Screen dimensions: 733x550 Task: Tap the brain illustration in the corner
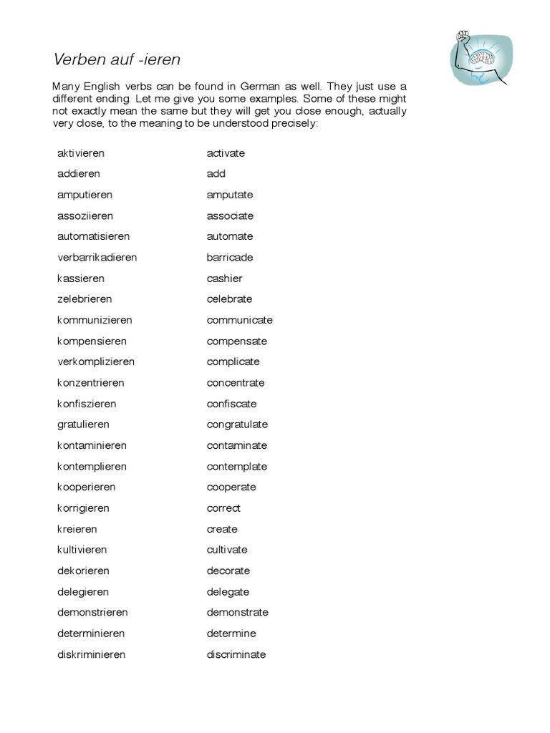(x=481, y=57)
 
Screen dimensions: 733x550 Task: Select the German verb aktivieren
(x=81, y=153)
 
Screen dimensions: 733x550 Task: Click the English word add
(x=216, y=174)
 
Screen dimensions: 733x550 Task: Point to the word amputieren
(x=85, y=195)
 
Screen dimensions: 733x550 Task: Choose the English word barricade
(x=229, y=257)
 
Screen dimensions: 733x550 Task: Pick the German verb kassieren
(x=81, y=278)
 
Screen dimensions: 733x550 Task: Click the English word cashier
(x=224, y=278)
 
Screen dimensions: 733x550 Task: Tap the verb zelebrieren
(x=85, y=298)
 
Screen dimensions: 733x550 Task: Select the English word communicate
(x=239, y=320)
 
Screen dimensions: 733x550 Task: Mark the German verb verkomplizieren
(x=96, y=361)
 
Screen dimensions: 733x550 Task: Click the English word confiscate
(x=231, y=404)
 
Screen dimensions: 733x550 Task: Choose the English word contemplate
(x=236, y=467)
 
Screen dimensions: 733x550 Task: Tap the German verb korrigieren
(x=83, y=508)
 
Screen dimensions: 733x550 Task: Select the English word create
(x=222, y=529)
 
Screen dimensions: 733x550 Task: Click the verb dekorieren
(x=83, y=571)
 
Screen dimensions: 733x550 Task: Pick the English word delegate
(x=228, y=592)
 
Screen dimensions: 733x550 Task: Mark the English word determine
(x=231, y=634)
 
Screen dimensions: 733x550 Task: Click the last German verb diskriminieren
(x=91, y=654)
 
